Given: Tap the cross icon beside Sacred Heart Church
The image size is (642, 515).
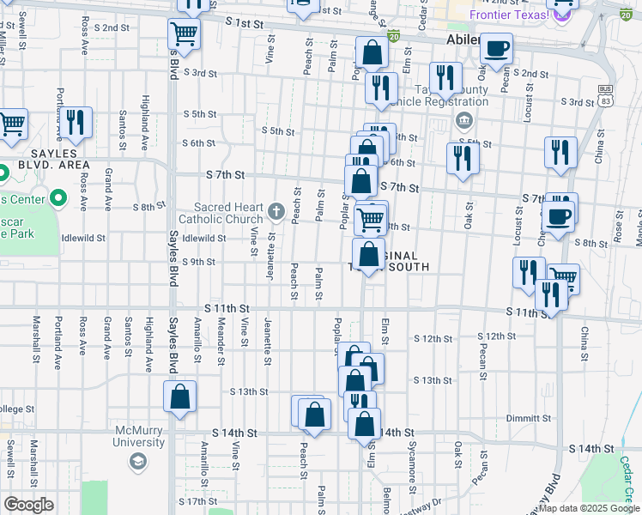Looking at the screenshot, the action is pos(276,210).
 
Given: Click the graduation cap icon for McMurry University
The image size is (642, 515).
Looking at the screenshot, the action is pos(137,463).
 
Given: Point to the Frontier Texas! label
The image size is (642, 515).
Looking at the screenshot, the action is pos(509,15).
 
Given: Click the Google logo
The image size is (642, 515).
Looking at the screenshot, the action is pos(28,505).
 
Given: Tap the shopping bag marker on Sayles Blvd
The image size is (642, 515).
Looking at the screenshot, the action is pos(180,397).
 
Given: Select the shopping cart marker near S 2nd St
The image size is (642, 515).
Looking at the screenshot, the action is pos(184,35).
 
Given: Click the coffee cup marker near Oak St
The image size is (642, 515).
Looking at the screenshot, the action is pos(496,49).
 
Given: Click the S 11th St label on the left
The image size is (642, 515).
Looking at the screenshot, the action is pos(227,307).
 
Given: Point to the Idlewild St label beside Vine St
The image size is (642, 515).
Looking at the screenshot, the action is pos(204,238).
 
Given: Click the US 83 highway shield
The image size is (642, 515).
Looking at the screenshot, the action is pos(606,95).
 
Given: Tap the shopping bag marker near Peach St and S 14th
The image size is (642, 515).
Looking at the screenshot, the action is pos(314,415).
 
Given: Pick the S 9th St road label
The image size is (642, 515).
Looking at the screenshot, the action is pos(197,262).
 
